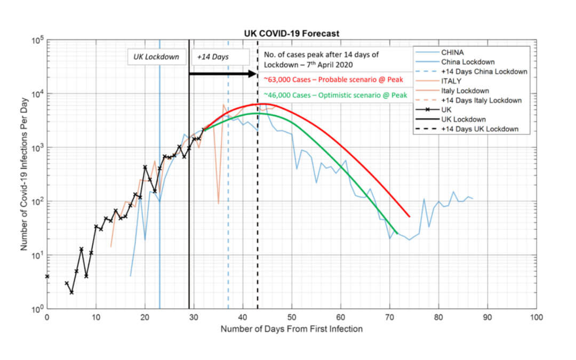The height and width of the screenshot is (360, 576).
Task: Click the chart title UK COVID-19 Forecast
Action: pos(291,34)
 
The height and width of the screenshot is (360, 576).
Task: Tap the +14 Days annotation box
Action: pos(219,57)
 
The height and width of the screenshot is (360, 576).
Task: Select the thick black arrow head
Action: pos(253,74)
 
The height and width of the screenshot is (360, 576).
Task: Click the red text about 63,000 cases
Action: pos(333,79)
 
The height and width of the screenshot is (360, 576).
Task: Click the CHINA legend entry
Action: pos(452,52)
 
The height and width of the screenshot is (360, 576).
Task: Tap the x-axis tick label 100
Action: pos(536,318)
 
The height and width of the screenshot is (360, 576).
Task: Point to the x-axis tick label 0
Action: pos(47,318)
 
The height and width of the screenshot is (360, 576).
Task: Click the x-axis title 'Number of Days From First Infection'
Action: pos(292,329)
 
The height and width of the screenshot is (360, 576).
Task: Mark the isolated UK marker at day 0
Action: pos(47,276)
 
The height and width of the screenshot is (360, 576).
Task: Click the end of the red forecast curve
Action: pos(409,216)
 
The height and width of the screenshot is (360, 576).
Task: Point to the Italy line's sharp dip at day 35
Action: pos(218,203)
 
